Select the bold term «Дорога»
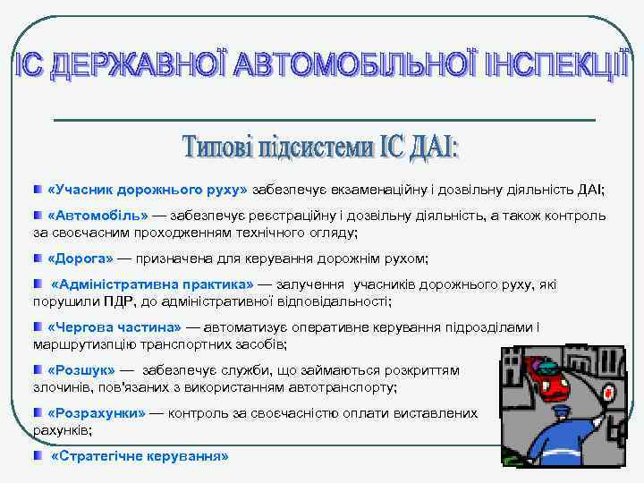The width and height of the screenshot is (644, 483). [80, 258]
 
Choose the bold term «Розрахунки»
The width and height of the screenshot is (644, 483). [96, 413]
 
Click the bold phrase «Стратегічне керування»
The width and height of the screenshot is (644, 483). [140, 455]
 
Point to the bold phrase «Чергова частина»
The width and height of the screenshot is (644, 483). [113, 326]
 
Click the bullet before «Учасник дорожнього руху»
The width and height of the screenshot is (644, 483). [38, 191]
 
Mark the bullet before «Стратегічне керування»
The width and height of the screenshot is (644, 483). [38, 455]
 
